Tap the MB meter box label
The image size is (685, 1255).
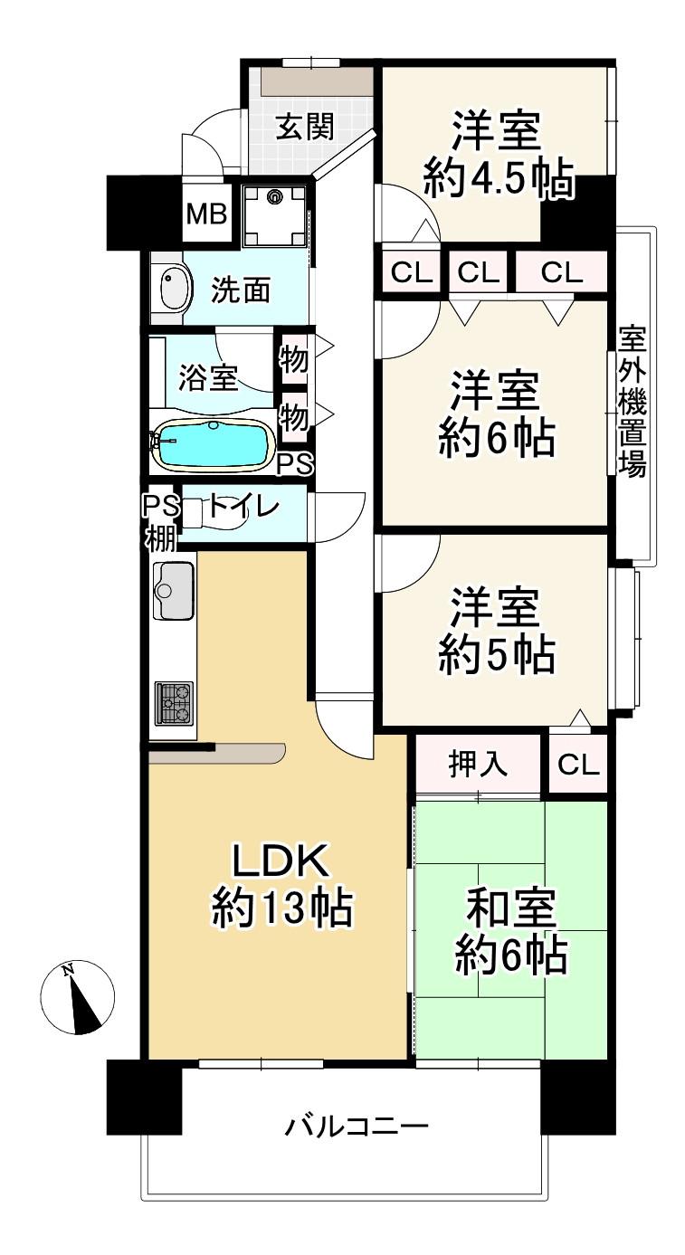(x=206, y=214)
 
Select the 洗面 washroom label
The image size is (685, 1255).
(x=241, y=290)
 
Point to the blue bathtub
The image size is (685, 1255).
(x=214, y=445)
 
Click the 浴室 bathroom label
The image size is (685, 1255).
(x=208, y=377)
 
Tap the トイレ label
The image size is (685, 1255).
(x=243, y=507)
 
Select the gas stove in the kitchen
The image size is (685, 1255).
(x=174, y=702)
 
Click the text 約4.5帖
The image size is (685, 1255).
(x=499, y=179)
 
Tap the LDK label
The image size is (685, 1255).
(x=280, y=860)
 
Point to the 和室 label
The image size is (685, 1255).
(x=511, y=908)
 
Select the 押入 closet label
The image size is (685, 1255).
(x=478, y=763)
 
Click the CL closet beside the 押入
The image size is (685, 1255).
(x=578, y=764)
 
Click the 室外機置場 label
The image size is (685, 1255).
(x=633, y=403)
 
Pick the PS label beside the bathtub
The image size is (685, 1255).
(x=295, y=464)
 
